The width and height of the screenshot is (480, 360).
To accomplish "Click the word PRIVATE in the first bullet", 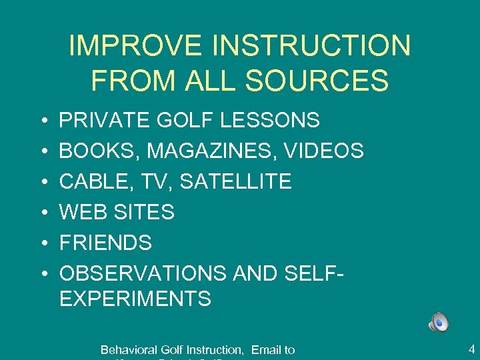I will [105, 121].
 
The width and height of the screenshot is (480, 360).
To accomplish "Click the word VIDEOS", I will [324, 151].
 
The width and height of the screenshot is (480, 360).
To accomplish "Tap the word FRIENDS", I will [105, 243].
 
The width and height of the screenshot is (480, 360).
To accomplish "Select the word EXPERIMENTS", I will [135, 299].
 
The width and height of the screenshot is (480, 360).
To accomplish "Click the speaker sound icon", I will [439, 323].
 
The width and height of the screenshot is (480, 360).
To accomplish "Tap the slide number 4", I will [471, 347].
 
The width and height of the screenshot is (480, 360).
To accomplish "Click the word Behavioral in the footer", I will [128, 349].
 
